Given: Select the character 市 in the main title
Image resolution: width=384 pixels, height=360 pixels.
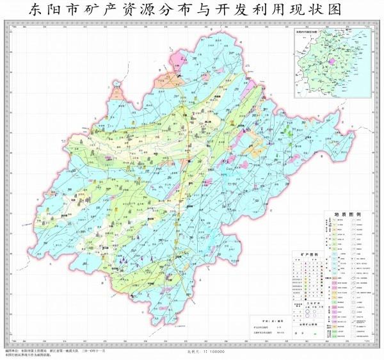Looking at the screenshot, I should tap(72, 11).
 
